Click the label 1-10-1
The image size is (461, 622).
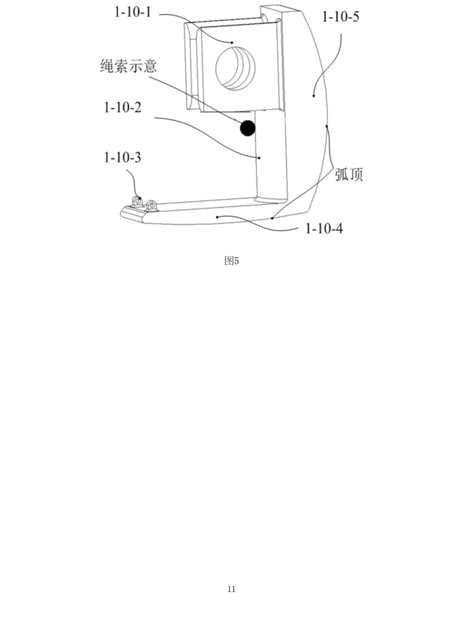pyautogui.click(x=133, y=12)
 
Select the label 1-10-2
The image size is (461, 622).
pyautogui.click(x=122, y=107)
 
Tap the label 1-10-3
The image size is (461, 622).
pyautogui.click(x=122, y=158)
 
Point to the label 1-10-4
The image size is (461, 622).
pyautogui.click(x=324, y=229)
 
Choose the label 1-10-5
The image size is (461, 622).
pyautogui.click(x=340, y=17)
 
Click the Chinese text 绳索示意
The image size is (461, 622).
pyautogui.click(x=128, y=66)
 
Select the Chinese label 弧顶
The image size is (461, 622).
pyautogui.click(x=349, y=175)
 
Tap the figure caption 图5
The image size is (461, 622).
pyautogui.click(x=231, y=261)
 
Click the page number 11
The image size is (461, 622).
pyautogui.click(x=231, y=589)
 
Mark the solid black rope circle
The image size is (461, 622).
pyautogui.click(x=248, y=128)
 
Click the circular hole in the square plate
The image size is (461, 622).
pyautogui.click(x=235, y=68)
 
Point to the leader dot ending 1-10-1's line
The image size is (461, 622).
pyautogui.click(x=232, y=43)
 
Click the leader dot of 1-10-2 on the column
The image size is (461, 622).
pyautogui.click(x=259, y=158)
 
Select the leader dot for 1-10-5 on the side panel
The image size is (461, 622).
pyautogui.click(x=314, y=96)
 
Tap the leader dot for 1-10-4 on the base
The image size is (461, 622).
pyautogui.click(x=217, y=217)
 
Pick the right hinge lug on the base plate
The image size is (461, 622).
pyautogui.click(x=152, y=206)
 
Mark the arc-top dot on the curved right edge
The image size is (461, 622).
pyautogui.click(x=327, y=126)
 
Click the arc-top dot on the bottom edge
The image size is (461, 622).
pyautogui.click(x=272, y=218)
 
